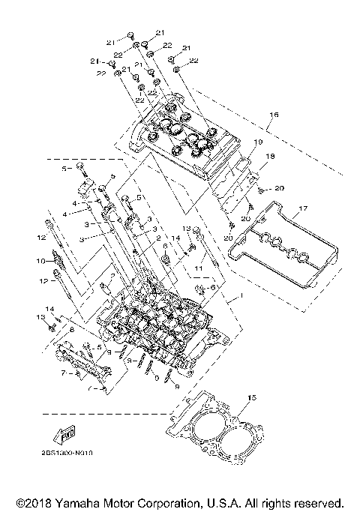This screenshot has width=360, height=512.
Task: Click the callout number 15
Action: coord(252,397)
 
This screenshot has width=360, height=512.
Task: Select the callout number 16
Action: coord(274,115)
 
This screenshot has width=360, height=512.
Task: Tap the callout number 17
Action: coord(304,208)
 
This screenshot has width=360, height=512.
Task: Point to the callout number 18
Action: coord(271,156)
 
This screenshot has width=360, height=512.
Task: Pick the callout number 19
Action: coord(257,142)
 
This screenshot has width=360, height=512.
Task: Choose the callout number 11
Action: coord(199,266)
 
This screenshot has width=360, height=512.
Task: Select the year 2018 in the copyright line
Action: coord(43,502)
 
